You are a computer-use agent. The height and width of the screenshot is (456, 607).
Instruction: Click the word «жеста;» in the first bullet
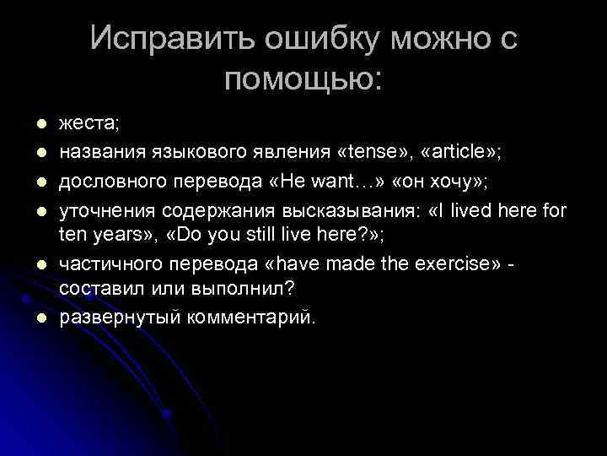click(89, 123)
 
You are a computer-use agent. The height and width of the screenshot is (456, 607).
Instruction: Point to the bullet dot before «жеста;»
click(38, 124)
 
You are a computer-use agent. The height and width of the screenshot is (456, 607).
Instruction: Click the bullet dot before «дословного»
click(38, 178)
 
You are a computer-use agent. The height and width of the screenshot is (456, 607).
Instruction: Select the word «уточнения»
click(98, 206)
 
